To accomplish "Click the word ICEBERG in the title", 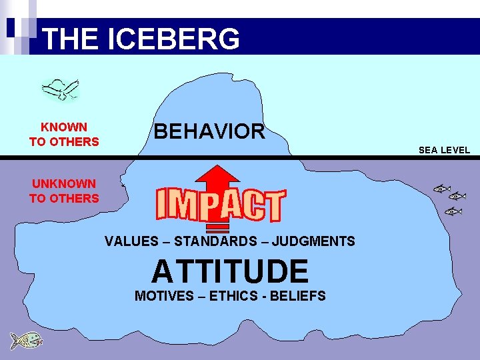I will [172, 39].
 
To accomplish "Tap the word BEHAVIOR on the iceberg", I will [209, 131].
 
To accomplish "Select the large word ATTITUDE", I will [230, 271].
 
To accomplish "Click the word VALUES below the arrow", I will [133, 241].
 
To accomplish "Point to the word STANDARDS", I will [216, 241].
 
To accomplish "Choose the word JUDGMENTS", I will [313, 241].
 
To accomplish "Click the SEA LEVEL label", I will [444, 150].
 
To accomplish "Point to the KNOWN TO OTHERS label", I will [64, 134].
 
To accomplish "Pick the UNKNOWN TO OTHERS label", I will [64, 191].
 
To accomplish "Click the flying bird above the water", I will [60, 89].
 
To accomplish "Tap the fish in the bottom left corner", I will [26, 340].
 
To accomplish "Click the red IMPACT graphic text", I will [220, 205].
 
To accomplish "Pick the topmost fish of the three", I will [441, 189].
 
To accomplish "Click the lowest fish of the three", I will [453, 211].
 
